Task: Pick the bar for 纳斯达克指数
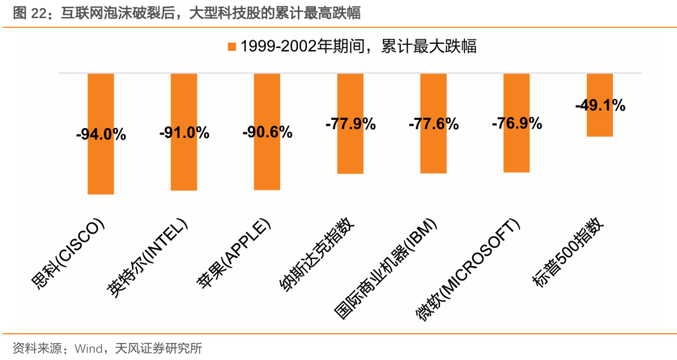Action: (x=350, y=151)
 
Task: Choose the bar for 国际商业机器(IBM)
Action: (x=433, y=151)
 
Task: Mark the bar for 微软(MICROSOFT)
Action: (x=517, y=151)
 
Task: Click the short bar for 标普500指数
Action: (x=600, y=122)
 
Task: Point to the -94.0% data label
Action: (x=100, y=134)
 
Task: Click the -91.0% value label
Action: (x=184, y=133)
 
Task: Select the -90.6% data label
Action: (x=267, y=132)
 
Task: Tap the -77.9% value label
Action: (x=350, y=124)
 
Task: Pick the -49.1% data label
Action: (x=600, y=105)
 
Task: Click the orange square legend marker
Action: (x=231, y=46)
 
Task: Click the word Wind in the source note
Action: (x=90, y=348)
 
